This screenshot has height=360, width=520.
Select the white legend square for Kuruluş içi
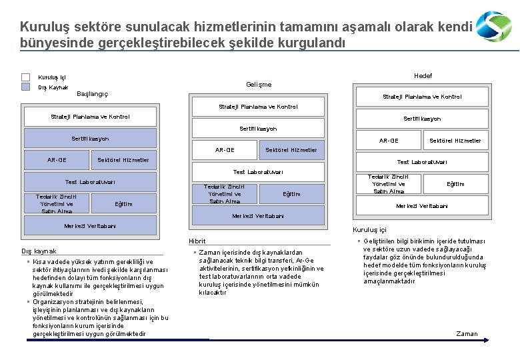pyautogui.click(x=26, y=77)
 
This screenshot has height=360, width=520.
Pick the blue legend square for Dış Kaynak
pyautogui.click(x=26, y=87)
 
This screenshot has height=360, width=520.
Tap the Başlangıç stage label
pyautogui.click(x=93, y=93)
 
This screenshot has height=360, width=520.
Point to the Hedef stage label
pyautogui.click(x=423, y=76)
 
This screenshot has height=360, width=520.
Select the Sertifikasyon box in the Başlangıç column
pyautogui.click(x=90, y=139)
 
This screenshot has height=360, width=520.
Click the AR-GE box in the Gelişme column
pyautogui.click(x=225, y=150)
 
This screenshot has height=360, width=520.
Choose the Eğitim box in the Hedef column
pyautogui.click(x=455, y=184)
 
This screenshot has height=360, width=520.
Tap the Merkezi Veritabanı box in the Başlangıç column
pyautogui.click(x=90, y=226)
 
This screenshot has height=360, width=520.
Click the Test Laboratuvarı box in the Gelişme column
pyautogui.click(x=258, y=172)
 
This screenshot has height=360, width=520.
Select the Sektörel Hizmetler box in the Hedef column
pyautogui.click(x=455, y=141)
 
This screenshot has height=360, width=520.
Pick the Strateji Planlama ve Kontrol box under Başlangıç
pyautogui.click(x=90, y=117)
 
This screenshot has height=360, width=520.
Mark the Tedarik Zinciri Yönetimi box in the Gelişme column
pyautogui.click(x=225, y=194)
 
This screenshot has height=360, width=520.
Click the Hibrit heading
pyautogui.click(x=197, y=241)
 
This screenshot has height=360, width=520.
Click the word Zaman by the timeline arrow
pyautogui.click(x=467, y=333)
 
